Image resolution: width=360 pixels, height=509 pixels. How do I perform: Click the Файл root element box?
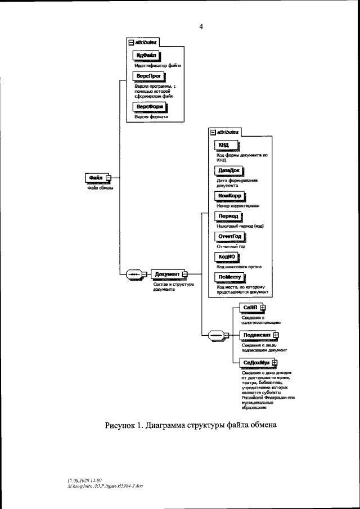click(96, 177)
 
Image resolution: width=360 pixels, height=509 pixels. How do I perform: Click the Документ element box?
click(166, 274)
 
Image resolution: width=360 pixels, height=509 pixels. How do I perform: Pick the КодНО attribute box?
click(227, 256)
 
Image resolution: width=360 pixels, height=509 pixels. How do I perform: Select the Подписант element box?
click(256, 335)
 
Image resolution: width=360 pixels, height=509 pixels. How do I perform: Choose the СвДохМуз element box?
click(256, 363)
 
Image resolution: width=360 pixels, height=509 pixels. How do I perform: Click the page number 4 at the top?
click(201, 26)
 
